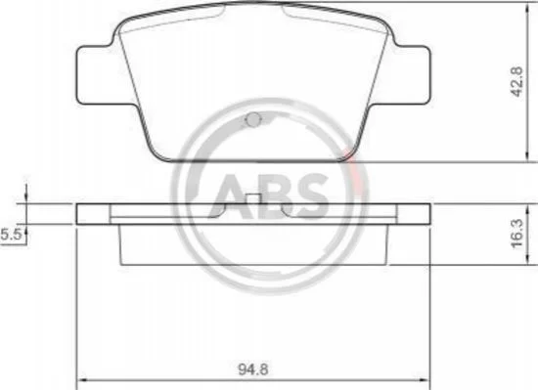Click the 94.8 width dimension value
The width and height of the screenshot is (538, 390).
pyautogui.click(x=253, y=369)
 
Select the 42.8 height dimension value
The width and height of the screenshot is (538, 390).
pyautogui.click(x=517, y=82)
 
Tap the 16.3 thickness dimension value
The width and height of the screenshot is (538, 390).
pyautogui.click(x=517, y=234)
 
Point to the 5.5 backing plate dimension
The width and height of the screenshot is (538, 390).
pyautogui.click(x=11, y=236)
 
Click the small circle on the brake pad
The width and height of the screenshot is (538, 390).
pyautogui.click(x=254, y=119)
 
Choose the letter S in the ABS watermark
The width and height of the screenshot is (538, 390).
pyautogui.click(x=309, y=196)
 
